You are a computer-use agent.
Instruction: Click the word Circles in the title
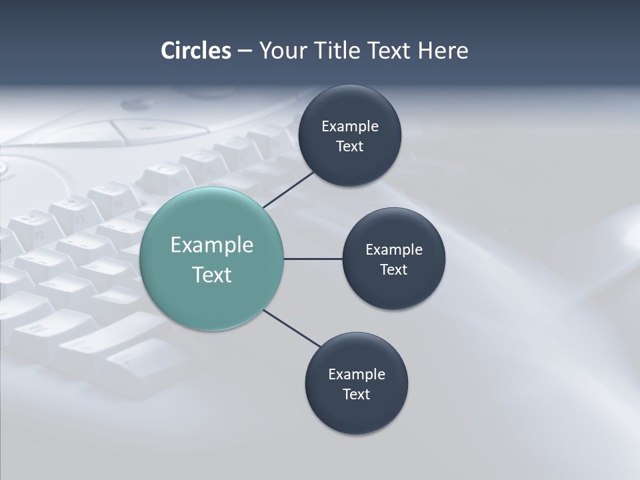196,51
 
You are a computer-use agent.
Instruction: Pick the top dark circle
350,107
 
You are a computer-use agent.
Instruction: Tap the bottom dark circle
357,417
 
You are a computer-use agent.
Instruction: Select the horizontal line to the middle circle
313,259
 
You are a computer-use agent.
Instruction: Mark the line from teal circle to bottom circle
292,328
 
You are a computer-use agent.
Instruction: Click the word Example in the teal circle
212,245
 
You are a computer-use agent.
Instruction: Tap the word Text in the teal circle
212,275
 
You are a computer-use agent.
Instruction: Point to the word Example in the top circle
350,127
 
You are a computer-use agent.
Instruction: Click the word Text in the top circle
350,147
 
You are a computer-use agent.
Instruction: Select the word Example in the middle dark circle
394,250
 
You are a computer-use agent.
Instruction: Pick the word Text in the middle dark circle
394,270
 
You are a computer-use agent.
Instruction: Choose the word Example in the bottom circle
357,375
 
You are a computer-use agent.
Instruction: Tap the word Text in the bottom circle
357,395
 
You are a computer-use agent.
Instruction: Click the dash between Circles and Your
245,51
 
